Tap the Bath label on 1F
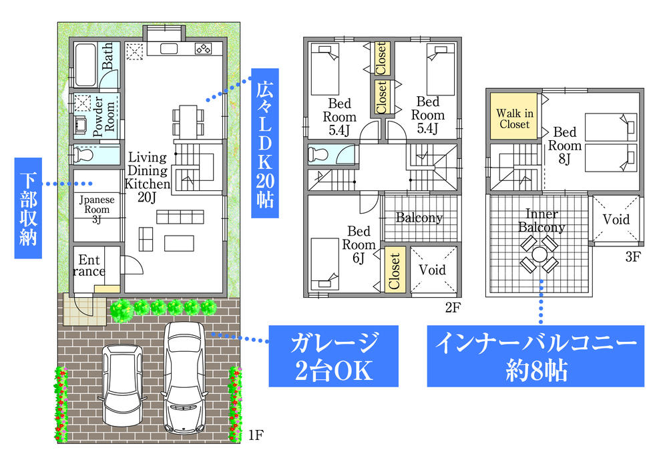click(x=108, y=58)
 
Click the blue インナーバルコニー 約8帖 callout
click(x=535, y=357)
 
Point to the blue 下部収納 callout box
click(x=27, y=208)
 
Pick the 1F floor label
click(x=256, y=436)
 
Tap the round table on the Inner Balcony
click(x=539, y=255)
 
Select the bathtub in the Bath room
click(x=85, y=64)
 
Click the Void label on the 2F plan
click(x=433, y=270)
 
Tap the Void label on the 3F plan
click(x=616, y=220)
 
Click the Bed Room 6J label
click(x=359, y=244)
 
